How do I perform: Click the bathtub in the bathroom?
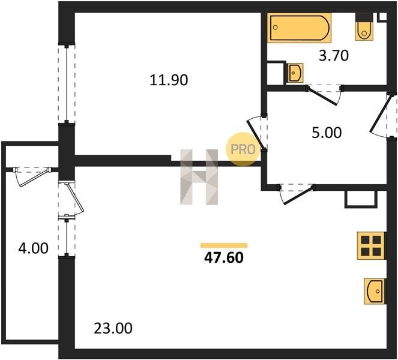tap(300, 28)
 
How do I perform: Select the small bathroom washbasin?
tap(295, 73)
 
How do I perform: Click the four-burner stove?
tap(372, 245)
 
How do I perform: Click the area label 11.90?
tap(169, 80)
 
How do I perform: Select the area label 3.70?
tap(334, 56)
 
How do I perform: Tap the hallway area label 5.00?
tap(327, 133)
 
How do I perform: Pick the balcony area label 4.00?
tap(33, 248)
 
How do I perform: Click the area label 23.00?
tap(113, 328)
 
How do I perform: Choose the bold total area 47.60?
tap(224, 258)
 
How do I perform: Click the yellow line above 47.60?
tap(224, 245)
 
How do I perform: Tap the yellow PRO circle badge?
tap(243, 149)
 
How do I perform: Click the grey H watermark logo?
tap(199, 177)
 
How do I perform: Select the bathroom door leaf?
tap(322, 95)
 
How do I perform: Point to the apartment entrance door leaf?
tap(379, 114)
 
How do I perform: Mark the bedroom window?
tap(67, 84)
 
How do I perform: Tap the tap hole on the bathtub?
tap(276, 27)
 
